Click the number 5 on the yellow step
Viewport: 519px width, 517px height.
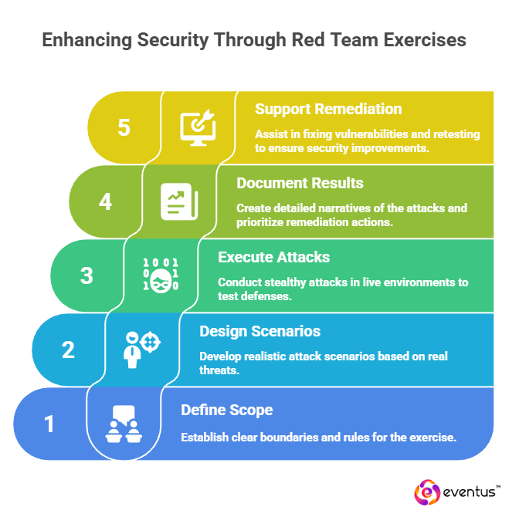(x=124, y=127)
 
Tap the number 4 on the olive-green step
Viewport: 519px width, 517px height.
(x=106, y=201)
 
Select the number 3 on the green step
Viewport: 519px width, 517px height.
(x=86, y=275)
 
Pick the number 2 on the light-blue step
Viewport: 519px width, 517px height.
(x=68, y=350)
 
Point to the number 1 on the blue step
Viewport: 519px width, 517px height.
(x=49, y=424)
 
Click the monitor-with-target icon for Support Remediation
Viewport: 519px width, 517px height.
(x=198, y=127)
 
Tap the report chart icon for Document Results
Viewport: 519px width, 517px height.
(x=179, y=201)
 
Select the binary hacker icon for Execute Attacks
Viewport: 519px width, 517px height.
(x=161, y=275)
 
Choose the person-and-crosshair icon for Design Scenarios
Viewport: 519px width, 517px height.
(x=142, y=350)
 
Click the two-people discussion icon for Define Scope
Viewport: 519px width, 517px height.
(x=124, y=424)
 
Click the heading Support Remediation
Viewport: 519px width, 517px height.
(x=328, y=110)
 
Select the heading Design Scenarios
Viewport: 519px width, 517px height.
(x=260, y=331)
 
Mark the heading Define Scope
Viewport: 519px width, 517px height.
(x=227, y=410)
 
